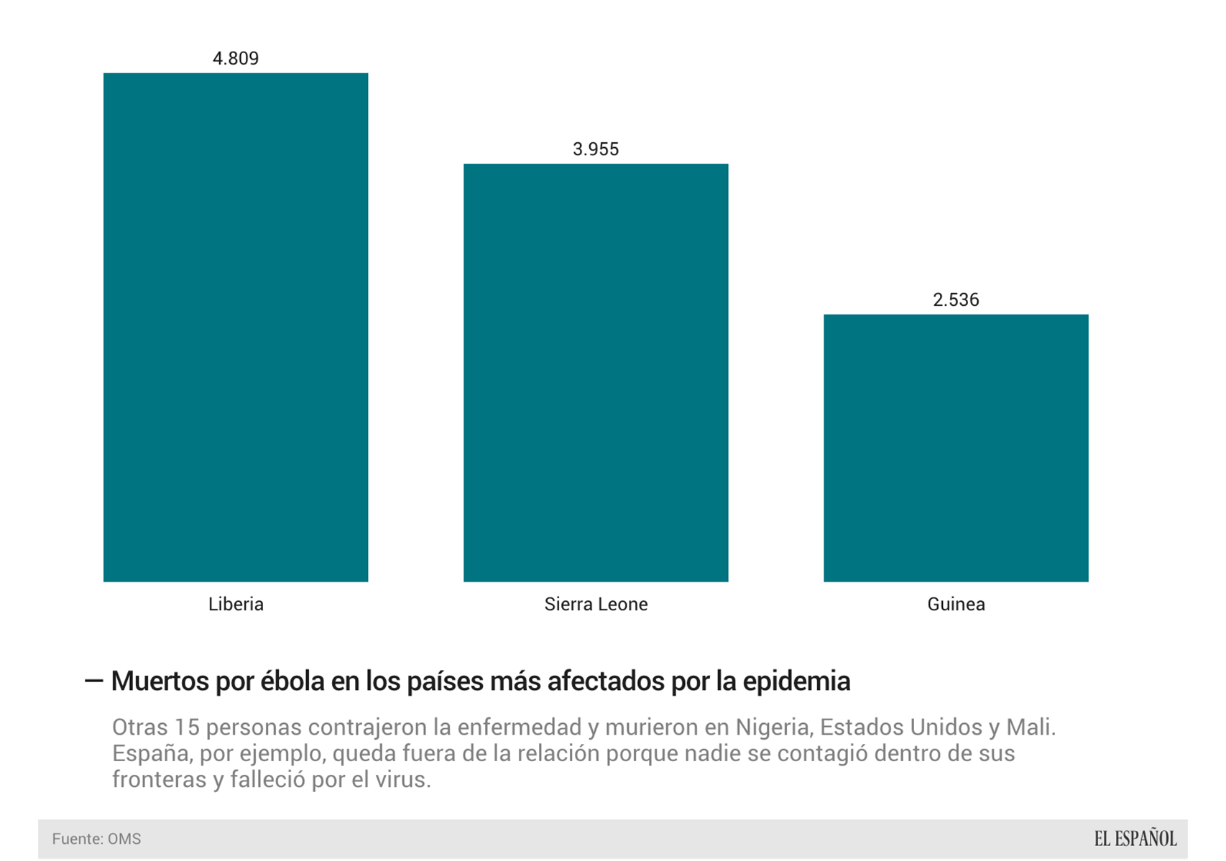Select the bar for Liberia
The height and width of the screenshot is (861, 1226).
point(236,327)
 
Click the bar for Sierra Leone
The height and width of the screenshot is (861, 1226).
point(596,372)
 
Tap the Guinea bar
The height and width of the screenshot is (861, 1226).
point(956,447)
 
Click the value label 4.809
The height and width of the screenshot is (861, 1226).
point(236,58)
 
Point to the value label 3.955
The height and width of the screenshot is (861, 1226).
point(596,149)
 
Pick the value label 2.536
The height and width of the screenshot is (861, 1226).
point(956,299)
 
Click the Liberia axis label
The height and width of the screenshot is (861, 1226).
point(236,604)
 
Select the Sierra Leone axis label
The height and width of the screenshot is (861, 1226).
point(596,604)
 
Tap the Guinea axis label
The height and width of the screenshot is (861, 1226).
point(956,604)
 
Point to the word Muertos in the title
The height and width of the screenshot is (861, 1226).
point(160,681)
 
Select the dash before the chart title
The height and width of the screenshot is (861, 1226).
point(94,681)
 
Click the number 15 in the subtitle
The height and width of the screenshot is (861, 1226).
point(185,727)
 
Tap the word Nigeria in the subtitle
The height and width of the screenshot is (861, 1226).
point(774,727)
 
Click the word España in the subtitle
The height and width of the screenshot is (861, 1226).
point(150,754)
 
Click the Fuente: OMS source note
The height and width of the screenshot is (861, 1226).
point(96,839)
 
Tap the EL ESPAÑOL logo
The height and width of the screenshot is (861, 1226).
point(1135,838)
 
